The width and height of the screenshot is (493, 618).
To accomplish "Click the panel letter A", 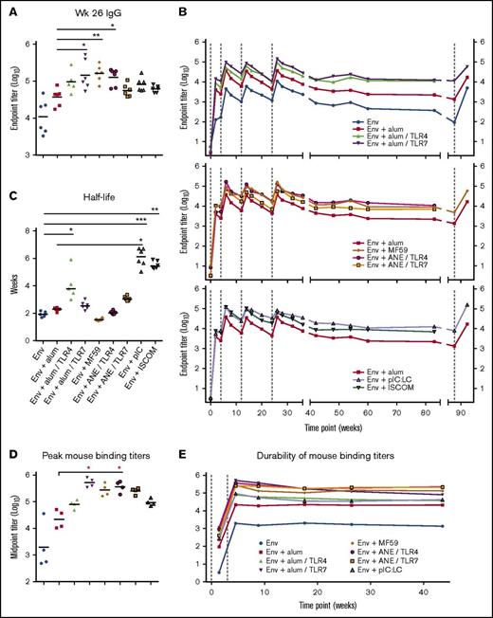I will click(x=8, y=8).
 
